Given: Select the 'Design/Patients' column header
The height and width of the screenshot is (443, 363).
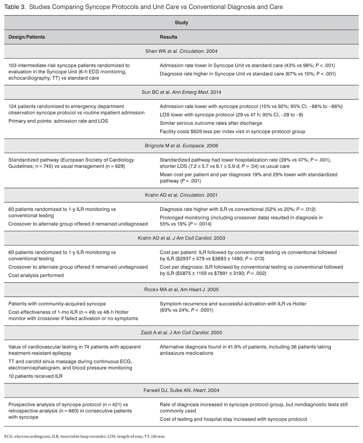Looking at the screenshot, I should pyautogui.click(x=27, y=37).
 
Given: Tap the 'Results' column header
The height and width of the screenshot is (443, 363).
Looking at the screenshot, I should pyautogui.click(x=169, y=37).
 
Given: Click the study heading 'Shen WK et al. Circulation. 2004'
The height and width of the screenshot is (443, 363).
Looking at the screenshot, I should pyautogui.click(x=181, y=51).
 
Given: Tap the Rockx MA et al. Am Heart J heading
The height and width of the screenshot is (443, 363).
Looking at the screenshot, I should pyautogui.click(x=181, y=288).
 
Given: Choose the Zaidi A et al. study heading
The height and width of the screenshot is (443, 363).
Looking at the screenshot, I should pyautogui.click(x=181, y=332).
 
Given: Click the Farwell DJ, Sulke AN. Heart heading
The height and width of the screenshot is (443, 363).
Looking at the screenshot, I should pyautogui.click(x=181, y=390).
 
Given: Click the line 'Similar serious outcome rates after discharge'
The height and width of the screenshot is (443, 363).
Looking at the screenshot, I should pyautogui.click(x=210, y=123).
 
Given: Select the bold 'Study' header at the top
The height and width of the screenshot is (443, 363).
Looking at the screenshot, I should pyautogui.click(x=181, y=23).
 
